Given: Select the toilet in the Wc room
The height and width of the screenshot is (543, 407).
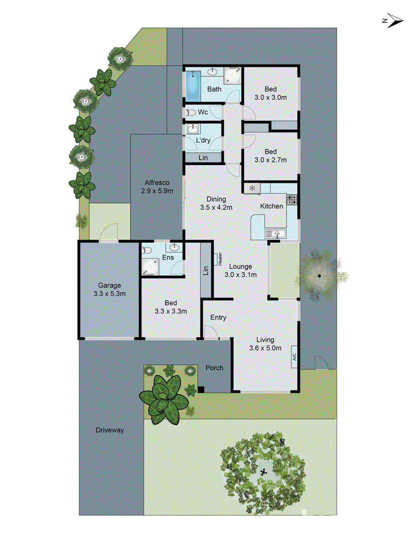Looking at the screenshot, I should pos(191,112).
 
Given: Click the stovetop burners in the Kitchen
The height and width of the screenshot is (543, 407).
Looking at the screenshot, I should pos(292,199).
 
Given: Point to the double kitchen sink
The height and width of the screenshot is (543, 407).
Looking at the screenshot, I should pos(276,233).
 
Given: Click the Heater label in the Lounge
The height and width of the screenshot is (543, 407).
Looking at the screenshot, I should pos(219,259).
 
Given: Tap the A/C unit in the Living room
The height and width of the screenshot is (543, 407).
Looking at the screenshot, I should pos(294,357).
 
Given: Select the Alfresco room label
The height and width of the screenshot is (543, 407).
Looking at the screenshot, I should pos(157,183).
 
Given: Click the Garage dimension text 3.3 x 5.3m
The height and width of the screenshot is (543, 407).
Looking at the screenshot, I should pos(110,294).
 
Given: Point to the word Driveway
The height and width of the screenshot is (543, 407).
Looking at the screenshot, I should pos(110,430).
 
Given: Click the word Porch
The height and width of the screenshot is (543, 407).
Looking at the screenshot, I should pos(214,368).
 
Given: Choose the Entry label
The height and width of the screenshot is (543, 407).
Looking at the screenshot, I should pos(218,317).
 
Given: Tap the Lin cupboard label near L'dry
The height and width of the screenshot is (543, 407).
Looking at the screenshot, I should pos(203,157).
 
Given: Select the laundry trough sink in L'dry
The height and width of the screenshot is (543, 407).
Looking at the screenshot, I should pos(193,129).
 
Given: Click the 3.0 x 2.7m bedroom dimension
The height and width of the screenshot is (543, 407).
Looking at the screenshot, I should pos(271,160).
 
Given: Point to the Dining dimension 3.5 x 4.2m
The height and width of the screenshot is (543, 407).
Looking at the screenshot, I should pos(216,207).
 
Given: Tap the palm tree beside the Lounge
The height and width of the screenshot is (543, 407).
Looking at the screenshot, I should pos(319,276).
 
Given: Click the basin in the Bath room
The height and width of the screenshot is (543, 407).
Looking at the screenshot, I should pos(213,71).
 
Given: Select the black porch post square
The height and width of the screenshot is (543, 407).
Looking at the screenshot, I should pos(201,390).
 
